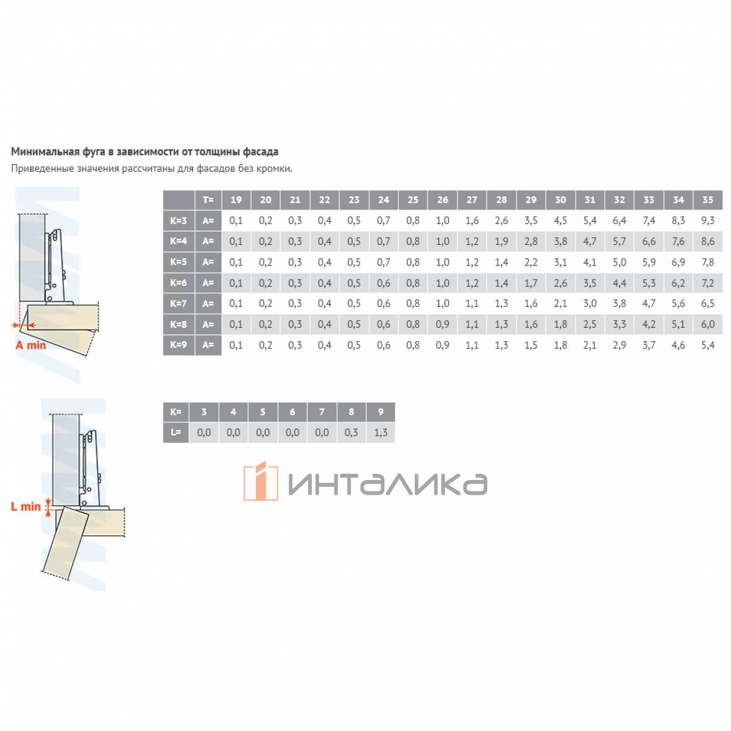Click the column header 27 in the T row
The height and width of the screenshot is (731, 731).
471,200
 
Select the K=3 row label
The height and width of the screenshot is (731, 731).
178,221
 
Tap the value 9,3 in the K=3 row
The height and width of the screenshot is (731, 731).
707,221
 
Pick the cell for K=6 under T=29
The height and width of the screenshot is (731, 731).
531,283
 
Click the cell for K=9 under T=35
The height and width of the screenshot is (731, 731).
707,345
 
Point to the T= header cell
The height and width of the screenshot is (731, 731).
208,200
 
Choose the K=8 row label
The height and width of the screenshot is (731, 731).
178,324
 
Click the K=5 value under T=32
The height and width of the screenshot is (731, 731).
619,262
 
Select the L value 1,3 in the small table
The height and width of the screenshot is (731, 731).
381,433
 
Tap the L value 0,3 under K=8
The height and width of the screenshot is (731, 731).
351,433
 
